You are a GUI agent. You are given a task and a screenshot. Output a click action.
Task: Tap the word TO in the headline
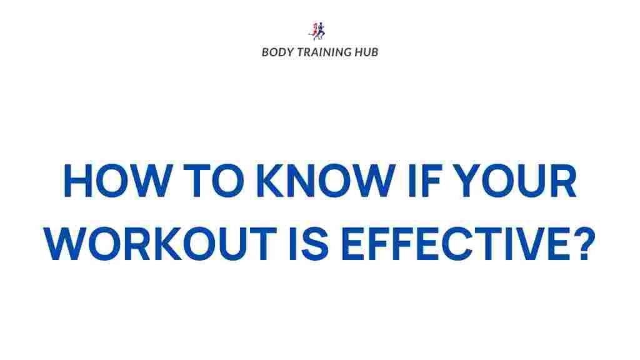211,181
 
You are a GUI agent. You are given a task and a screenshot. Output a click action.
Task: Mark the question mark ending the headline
581,244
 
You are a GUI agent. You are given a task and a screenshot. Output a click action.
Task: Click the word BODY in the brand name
277,52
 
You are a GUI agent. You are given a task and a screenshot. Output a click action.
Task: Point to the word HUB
366,52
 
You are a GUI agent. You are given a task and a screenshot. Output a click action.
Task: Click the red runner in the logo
314,31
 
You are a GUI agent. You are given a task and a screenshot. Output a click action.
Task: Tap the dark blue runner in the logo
322,31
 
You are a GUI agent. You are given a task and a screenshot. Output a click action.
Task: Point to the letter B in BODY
265,52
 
